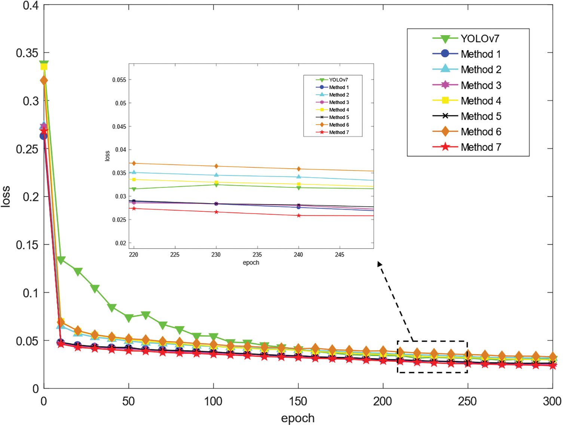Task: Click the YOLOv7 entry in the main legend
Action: tap(480, 39)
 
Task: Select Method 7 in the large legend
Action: tap(481, 147)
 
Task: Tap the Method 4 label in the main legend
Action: tap(481, 101)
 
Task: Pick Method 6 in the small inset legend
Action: tap(339, 125)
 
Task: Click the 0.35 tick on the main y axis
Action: tap(27, 53)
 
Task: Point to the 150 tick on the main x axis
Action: tap(298, 401)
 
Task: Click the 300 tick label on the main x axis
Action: tap(552, 401)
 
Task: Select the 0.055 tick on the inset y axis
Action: tap(119, 80)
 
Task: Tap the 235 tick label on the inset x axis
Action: tap(257, 254)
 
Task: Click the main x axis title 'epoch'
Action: tap(298, 418)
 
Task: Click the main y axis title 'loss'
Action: tap(6, 196)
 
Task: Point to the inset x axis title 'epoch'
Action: tap(251, 263)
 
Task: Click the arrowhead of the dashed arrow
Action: tap(379, 264)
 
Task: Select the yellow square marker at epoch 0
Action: tap(44, 67)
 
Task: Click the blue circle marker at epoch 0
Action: tap(44, 136)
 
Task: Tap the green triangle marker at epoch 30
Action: tap(95, 288)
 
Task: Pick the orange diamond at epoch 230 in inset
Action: tap(216, 166)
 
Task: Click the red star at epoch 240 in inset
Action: tap(299, 215)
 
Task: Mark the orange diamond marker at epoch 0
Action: tap(44, 80)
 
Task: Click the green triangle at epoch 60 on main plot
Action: tap(146, 315)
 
